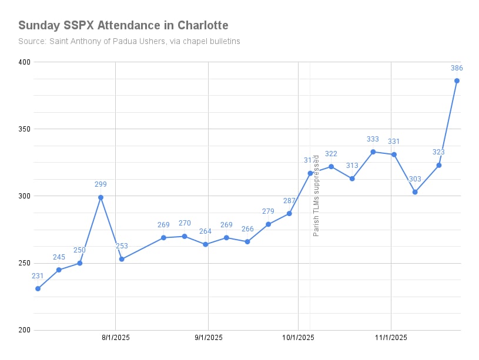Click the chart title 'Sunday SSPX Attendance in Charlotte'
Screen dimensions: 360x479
pos(123,25)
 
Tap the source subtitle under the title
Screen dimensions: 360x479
pos(129,42)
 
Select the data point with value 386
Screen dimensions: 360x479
pos(457,80)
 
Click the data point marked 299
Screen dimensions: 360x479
pos(101,197)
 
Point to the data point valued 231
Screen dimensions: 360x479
pos(38,288)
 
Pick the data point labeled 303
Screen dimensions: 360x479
pos(415,192)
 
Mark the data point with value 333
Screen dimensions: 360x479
pos(373,152)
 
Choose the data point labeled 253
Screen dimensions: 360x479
pos(122,259)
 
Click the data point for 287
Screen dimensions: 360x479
pos(289,213)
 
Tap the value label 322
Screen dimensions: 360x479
pos(331,154)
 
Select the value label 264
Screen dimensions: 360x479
pos(205,231)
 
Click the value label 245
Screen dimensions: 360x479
pos(59,257)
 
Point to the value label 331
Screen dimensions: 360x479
pos(394,142)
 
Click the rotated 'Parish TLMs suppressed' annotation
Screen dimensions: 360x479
pos(316,196)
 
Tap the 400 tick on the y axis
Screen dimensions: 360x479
pos(24,62)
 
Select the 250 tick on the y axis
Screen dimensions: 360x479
pos(24,263)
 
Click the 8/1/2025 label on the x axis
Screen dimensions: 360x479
pos(116,337)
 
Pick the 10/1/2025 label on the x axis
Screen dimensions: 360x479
pos(298,337)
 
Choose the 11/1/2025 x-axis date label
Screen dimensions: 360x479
pos(391,337)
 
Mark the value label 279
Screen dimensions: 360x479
pos(268,211)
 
